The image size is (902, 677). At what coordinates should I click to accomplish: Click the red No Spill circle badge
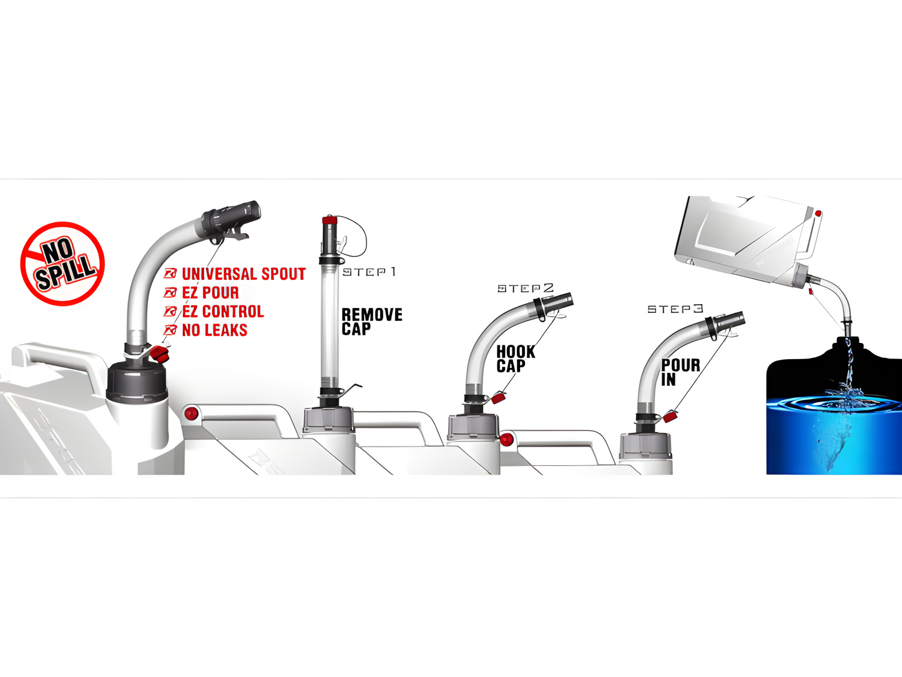click(62, 264)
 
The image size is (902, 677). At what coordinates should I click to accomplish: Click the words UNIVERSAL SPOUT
click(243, 274)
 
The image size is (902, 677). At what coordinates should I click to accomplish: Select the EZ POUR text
click(210, 293)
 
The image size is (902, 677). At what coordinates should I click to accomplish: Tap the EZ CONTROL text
click(223, 312)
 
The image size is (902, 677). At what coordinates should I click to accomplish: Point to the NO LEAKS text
click(215, 330)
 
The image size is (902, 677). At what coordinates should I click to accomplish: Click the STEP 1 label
click(369, 272)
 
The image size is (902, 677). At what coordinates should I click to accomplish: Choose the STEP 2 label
click(525, 288)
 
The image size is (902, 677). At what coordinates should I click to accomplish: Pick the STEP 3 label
click(675, 309)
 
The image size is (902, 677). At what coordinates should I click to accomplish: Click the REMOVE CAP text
click(372, 322)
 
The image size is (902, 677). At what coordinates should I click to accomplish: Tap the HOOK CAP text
click(516, 358)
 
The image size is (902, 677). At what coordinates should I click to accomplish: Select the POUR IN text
click(680, 372)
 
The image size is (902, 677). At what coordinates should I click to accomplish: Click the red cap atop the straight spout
click(330, 220)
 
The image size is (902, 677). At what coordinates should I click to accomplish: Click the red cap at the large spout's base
click(159, 354)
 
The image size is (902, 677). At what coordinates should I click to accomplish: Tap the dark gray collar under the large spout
click(137, 382)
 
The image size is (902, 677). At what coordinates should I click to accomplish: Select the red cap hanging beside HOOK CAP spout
click(498, 397)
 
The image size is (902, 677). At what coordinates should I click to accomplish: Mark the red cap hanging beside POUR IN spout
click(670, 417)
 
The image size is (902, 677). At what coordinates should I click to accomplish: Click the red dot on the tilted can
click(818, 214)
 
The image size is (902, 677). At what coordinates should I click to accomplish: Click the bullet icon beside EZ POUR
click(170, 293)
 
